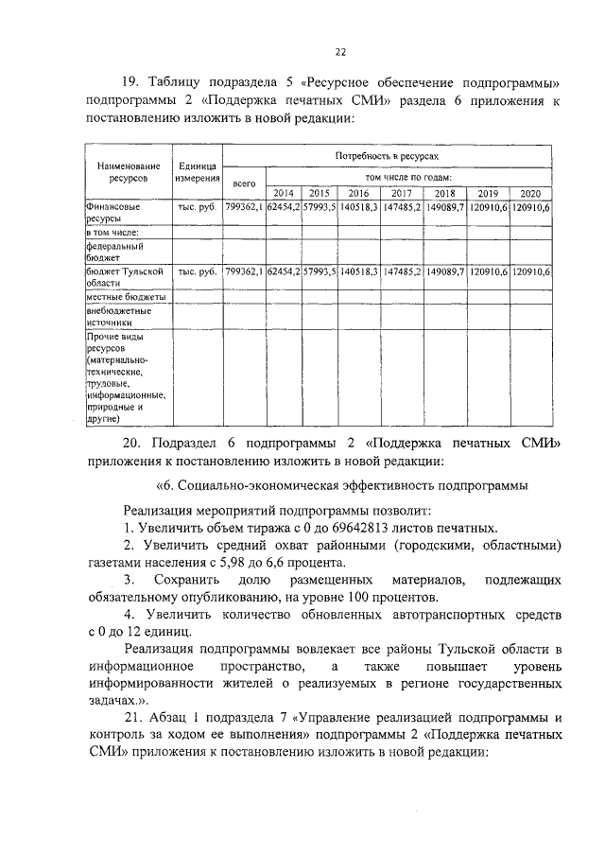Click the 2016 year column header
coord(360,193)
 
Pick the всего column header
coord(244,182)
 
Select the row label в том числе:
coord(112,232)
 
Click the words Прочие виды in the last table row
coord(114,337)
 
